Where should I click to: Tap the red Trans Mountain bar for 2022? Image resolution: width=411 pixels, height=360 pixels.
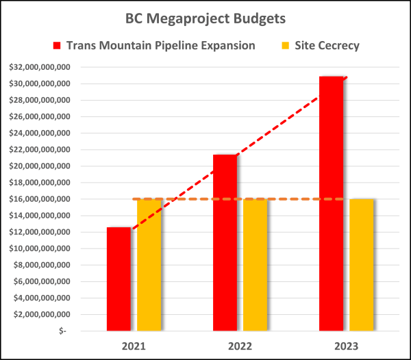[x=225, y=243]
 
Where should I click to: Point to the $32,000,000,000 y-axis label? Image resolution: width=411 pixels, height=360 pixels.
[x=40, y=67]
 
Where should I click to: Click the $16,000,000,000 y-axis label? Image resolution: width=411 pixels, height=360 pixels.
[x=40, y=199]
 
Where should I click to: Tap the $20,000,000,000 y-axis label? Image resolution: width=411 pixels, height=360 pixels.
[x=40, y=166]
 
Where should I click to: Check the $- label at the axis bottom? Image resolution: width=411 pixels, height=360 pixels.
[x=63, y=331]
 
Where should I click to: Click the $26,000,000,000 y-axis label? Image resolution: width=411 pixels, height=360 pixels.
[x=40, y=116]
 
